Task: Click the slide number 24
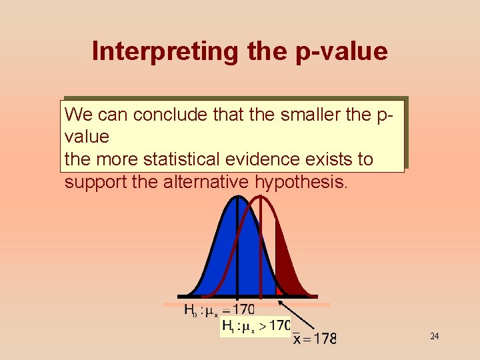click(434, 336)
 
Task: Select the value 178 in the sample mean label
click(325, 338)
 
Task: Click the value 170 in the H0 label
click(242, 310)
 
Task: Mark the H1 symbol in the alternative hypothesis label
click(227, 327)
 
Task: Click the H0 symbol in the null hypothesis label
click(191, 311)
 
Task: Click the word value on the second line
click(87, 137)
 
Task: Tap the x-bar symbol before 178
click(299, 338)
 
